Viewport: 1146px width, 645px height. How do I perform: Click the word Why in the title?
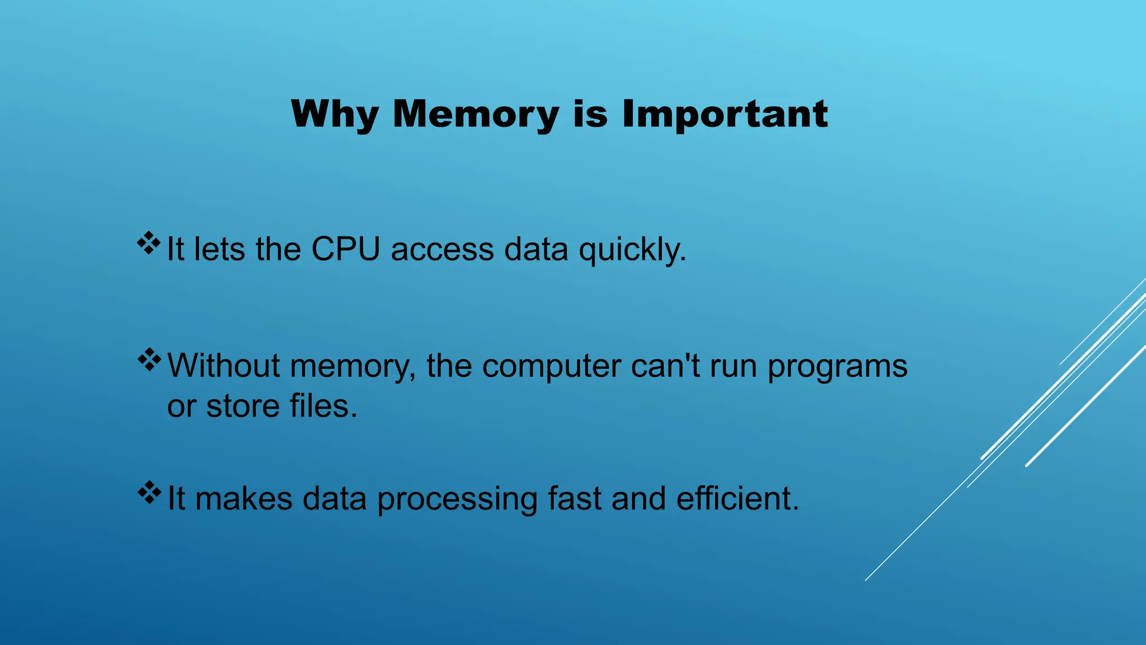pos(335,114)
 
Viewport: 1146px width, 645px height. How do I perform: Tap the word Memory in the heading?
pos(476,114)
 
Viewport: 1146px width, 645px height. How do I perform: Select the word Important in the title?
pos(725,114)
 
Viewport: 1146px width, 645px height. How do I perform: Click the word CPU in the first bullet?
pos(345,249)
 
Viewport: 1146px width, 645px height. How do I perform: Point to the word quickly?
pos(632,250)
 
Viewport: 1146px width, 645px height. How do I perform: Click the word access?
pos(442,250)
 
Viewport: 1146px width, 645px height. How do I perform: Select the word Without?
pos(224,366)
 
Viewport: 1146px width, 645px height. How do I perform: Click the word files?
pos(323,406)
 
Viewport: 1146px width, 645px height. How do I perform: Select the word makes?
pos(244,498)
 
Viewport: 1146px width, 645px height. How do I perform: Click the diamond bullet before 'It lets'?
pos(149,243)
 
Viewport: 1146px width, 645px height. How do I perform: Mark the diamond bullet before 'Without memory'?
pos(149,359)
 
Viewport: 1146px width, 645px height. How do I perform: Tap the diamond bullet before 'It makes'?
pos(149,492)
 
